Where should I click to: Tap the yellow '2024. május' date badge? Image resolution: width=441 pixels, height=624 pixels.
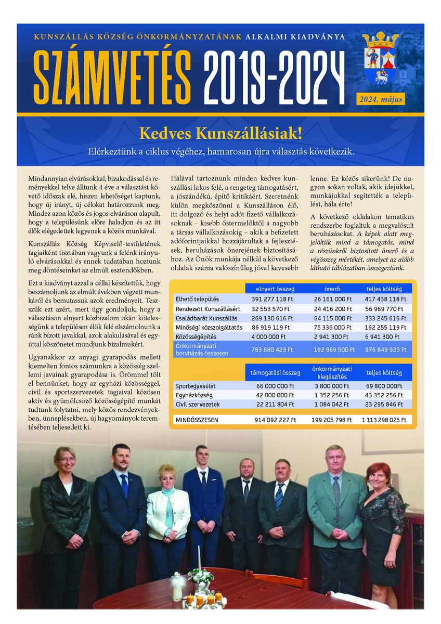[x=380, y=98]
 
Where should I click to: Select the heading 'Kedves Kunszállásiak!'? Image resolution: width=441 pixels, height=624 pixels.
[x=220, y=133]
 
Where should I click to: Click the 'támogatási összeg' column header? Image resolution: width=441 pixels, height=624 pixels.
[x=275, y=373]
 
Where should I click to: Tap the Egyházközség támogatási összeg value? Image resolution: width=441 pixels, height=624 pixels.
[x=275, y=395]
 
